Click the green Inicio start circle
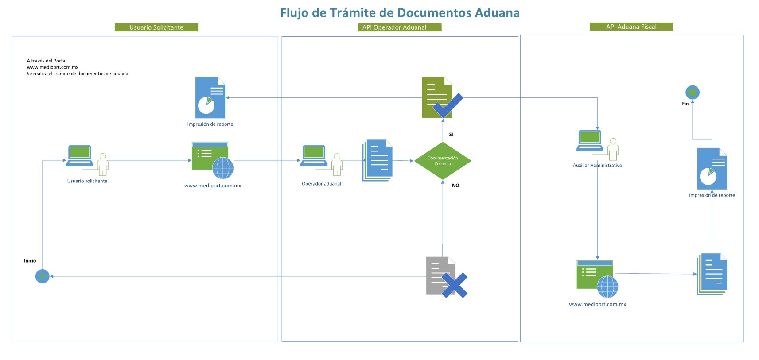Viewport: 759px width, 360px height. [42, 276]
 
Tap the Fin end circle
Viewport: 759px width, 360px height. [692, 92]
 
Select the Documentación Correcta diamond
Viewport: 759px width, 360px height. [442, 161]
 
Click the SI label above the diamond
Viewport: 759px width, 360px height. [451, 134]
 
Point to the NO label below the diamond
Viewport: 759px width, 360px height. [455, 186]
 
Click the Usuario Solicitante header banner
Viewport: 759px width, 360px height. [156, 27]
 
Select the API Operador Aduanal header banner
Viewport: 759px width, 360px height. [394, 27]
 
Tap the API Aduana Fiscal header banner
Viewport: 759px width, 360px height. [631, 27]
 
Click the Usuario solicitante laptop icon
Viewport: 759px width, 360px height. [80, 156]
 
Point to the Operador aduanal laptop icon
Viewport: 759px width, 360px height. [314, 156]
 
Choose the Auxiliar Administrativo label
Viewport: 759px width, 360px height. [597, 166]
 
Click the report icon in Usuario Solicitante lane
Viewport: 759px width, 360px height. [210, 98]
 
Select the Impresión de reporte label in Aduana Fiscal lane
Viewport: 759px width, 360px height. [712, 195]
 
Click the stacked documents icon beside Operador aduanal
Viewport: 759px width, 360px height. [378, 160]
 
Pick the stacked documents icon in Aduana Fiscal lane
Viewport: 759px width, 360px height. [712, 274]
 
